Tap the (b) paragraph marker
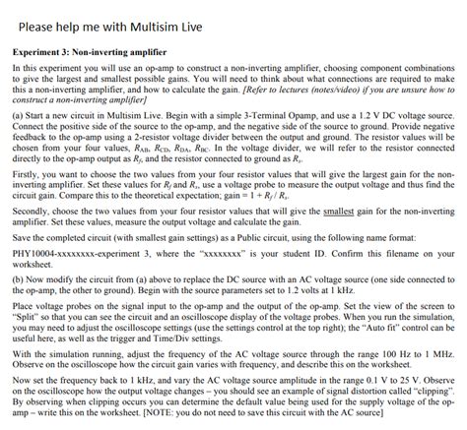[x=17, y=278]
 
